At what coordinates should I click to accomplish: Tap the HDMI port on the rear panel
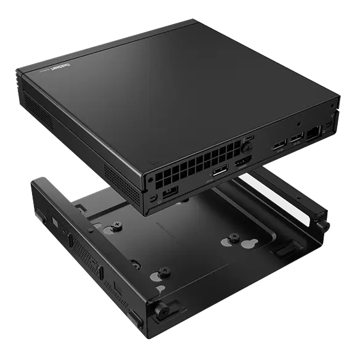coord(240,163)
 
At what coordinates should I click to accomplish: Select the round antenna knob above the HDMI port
coord(247,147)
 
